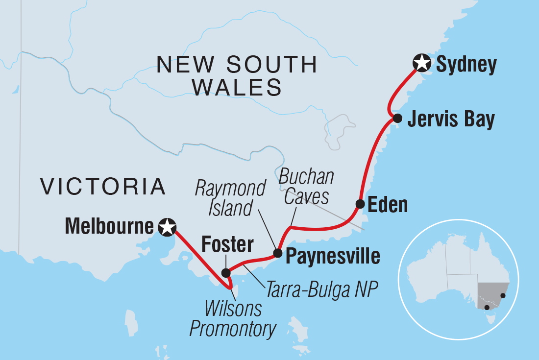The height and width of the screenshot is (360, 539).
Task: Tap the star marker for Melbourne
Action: click(x=168, y=226)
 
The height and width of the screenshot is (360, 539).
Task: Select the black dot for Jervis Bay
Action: click(x=397, y=118)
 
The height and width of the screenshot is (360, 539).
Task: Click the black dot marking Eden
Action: click(x=360, y=204)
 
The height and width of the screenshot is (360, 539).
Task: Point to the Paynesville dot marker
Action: click(x=277, y=253)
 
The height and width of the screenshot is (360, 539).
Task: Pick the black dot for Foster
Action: click(x=225, y=273)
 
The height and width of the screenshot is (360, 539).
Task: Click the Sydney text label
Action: click(x=466, y=64)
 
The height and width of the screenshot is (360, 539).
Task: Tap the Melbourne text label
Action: click(x=109, y=226)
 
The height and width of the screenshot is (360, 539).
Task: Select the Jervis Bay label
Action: click(x=451, y=119)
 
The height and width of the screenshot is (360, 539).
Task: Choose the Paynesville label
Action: click(x=333, y=255)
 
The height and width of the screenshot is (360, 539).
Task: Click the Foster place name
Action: click(x=229, y=244)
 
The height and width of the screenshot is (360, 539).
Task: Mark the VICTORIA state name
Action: click(x=103, y=187)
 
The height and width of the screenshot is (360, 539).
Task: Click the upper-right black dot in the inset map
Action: click(x=503, y=295)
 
